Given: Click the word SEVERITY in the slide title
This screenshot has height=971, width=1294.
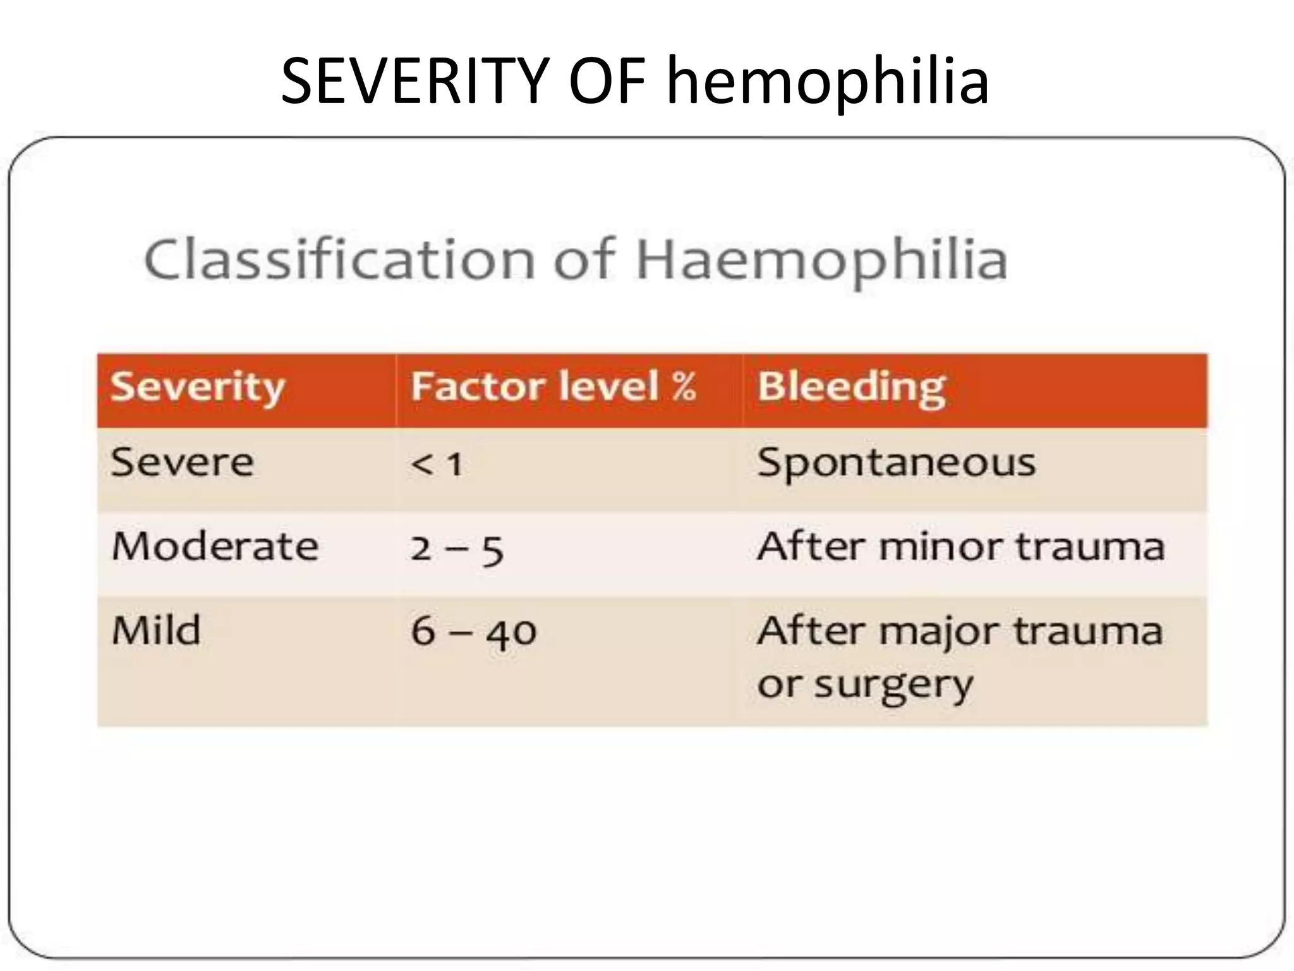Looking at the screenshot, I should pyautogui.click(x=414, y=81).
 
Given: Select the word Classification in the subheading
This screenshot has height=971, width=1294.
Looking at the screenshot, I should pyautogui.click(x=339, y=259).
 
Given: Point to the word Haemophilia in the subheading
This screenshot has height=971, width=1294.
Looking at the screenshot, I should pyautogui.click(x=821, y=260).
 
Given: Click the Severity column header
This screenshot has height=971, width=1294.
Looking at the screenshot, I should pyautogui.click(x=197, y=387).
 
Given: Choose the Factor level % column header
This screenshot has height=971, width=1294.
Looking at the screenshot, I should pyautogui.click(x=553, y=386).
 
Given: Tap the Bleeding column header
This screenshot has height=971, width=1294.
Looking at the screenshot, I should pyautogui.click(x=851, y=387).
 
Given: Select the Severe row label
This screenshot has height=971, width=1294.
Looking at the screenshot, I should pyautogui.click(x=182, y=462).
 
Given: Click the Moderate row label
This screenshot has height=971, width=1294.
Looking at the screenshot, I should pyautogui.click(x=215, y=546).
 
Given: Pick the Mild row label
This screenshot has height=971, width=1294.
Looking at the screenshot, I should pyautogui.click(x=156, y=630).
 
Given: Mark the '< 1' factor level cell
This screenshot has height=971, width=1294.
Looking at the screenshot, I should pyautogui.click(x=437, y=465).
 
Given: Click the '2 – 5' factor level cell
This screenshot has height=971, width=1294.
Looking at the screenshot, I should pyautogui.click(x=456, y=549).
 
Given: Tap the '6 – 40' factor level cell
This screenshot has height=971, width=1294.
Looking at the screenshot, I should pyautogui.click(x=473, y=632).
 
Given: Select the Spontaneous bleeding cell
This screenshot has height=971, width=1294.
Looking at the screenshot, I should pyautogui.click(x=896, y=463).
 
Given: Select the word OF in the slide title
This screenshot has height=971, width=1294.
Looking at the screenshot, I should pyautogui.click(x=607, y=81).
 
